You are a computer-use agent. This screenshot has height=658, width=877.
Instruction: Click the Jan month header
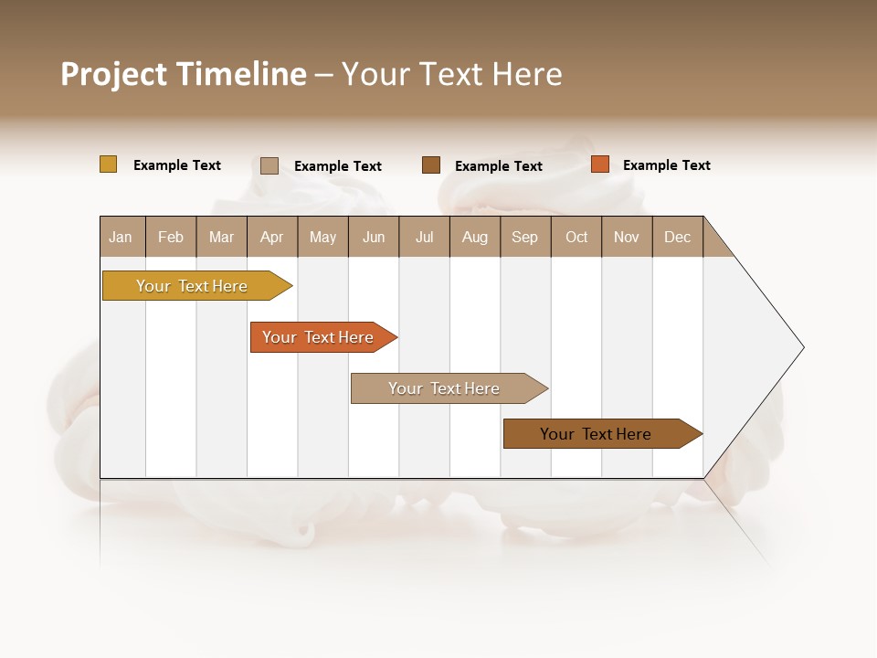click(122, 237)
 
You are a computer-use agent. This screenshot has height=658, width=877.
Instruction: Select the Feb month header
click(171, 237)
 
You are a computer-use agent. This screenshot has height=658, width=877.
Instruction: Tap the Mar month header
click(221, 237)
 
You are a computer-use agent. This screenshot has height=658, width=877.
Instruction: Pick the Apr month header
click(272, 237)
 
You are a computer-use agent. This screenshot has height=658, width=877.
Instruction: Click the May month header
click(322, 237)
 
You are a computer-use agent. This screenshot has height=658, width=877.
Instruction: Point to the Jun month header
click(374, 237)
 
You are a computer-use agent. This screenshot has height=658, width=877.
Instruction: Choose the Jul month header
click(424, 237)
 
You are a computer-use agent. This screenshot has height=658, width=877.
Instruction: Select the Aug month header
click(475, 237)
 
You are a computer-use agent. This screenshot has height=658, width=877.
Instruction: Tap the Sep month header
click(525, 237)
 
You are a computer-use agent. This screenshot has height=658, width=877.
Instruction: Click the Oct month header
click(576, 237)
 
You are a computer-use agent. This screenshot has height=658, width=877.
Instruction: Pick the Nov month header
click(627, 237)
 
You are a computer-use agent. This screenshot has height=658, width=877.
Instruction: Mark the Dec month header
click(678, 237)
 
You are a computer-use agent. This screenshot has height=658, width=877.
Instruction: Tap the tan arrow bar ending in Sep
click(445, 388)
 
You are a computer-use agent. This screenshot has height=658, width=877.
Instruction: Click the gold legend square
click(109, 164)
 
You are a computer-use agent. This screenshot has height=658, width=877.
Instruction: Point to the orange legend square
click(600, 164)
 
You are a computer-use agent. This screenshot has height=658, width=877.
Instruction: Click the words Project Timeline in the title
click(184, 74)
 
